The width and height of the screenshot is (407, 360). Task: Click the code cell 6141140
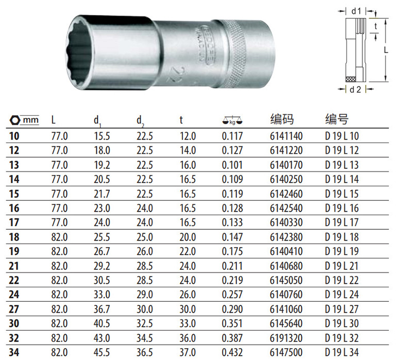[286, 136]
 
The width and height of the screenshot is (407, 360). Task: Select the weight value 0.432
[232, 352]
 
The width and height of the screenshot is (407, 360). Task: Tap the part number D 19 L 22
[342, 280]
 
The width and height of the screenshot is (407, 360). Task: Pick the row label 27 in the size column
[14, 309]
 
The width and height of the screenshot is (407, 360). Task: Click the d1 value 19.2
[102, 165]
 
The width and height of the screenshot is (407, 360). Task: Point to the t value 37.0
[188, 352]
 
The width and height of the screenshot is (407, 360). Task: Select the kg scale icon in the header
[232, 120]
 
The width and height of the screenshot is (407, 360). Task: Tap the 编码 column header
[282, 119]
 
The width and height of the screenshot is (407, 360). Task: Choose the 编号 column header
[336, 119]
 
